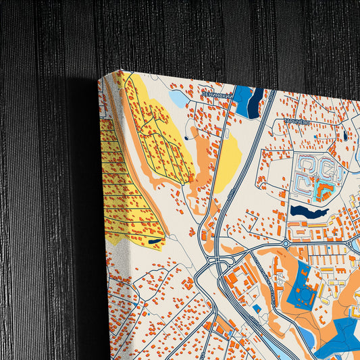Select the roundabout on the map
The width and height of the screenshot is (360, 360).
click(x=285, y=243)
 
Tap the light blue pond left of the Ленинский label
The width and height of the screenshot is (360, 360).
click(x=179, y=99)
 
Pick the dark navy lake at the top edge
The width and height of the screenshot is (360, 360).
click(x=256, y=103)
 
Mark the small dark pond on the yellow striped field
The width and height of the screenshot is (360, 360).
click(x=155, y=240)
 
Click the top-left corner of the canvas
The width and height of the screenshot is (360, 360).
click(x=100, y=77)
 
